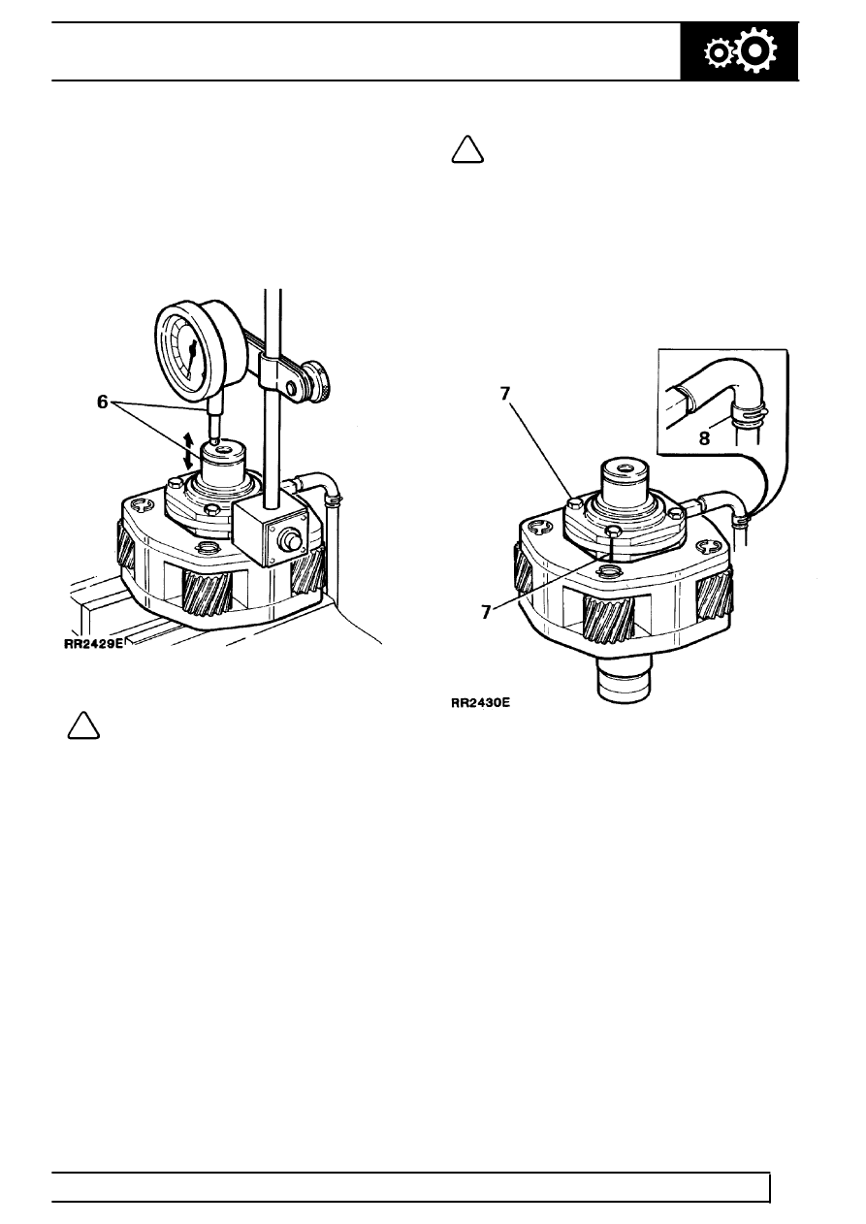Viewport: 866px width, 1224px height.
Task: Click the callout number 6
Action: pyautogui.click(x=103, y=403)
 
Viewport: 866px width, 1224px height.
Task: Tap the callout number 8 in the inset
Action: pyautogui.click(x=704, y=438)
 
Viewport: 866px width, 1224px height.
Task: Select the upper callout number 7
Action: pyautogui.click(x=505, y=394)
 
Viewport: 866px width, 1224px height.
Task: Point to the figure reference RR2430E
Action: pyautogui.click(x=480, y=703)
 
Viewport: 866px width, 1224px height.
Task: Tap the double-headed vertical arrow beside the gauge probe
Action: pyautogui.click(x=188, y=451)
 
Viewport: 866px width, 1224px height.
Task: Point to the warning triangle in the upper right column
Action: pyautogui.click(x=467, y=149)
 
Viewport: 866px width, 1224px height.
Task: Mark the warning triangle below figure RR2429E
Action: pyautogui.click(x=83, y=725)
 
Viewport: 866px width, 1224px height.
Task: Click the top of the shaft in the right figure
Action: pyautogui.click(x=625, y=467)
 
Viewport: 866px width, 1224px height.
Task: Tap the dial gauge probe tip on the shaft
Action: pyautogui.click(x=217, y=440)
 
